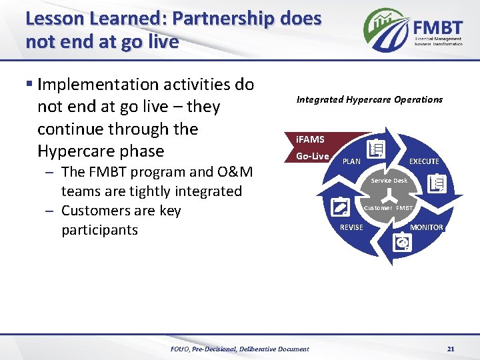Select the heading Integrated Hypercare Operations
coord(369,99)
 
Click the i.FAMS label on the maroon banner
coord(310,139)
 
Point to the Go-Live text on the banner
coord(312,156)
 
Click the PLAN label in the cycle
coord(351,161)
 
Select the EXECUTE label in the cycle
coord(424,161)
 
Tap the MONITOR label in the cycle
coord(426,227)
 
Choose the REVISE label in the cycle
coord(352,227)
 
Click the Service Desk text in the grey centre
coord(389,181)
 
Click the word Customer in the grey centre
coord(377,208)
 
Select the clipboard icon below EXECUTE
coord(439,183)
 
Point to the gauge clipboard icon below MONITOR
coord(403,244)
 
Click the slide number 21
coord(451,349)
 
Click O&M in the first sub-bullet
coord(237,171)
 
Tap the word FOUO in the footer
coord(180,349)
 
